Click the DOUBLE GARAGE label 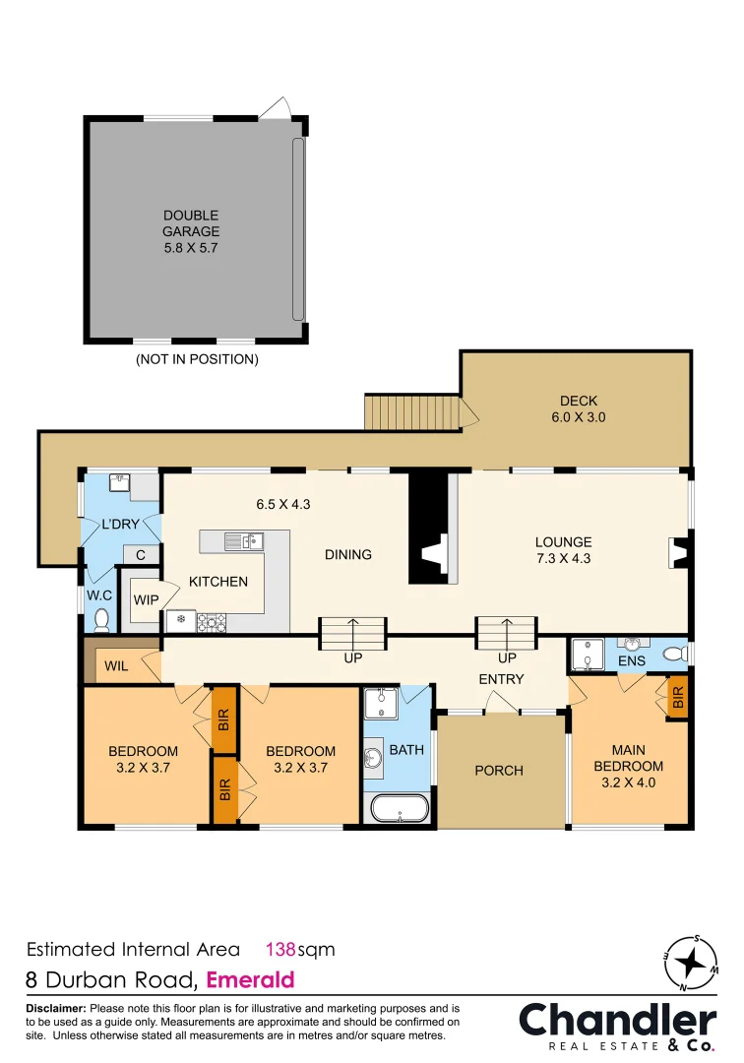(191, 231)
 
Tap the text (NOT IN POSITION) (197, 359)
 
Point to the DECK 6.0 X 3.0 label (579, 408)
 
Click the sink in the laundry (119, 482)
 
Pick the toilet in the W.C (101, 619)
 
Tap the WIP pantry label (146, 599)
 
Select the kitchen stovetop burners (211, 621)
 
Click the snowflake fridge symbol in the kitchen (179, 620)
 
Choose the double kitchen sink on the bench (242, 540)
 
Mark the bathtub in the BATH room (399, 809)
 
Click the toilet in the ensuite (674, 654)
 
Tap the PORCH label (499, 771)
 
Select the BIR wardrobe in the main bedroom (677, 698)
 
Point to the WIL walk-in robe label (116, 666)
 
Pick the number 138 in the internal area (282, 950)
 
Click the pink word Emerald (251, 980)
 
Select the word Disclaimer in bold (55, 1009)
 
